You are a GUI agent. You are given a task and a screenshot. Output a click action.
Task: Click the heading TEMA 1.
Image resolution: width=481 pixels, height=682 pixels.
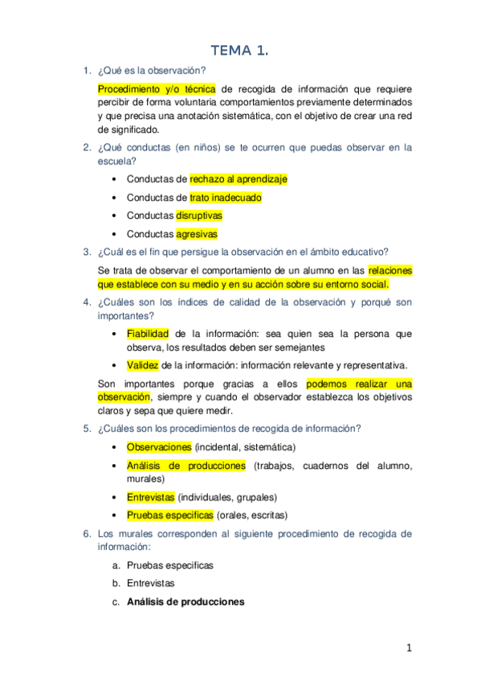(239, 51)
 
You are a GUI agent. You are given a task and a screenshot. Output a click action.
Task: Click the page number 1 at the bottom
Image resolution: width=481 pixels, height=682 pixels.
(409, 649)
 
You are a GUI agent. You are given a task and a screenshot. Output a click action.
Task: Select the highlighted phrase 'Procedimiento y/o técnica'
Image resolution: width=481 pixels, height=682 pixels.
(156, 89)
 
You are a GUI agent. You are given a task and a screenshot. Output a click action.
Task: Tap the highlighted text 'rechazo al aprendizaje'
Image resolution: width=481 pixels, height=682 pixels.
(238, 179)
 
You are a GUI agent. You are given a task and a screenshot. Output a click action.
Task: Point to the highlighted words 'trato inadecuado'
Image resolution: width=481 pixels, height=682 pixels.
(225, 197)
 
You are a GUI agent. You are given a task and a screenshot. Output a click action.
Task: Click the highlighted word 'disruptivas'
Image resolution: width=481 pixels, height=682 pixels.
(199, 216)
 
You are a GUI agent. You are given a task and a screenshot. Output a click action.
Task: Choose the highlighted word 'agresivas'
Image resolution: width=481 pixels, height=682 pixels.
(196, 234)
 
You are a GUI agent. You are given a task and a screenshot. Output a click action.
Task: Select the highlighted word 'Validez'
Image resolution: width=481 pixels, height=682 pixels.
(143, 364)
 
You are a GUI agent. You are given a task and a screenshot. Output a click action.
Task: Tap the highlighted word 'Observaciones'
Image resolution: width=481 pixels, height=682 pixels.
(159, 446)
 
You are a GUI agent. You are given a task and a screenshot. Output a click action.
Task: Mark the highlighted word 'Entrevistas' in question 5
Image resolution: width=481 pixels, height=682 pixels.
(150, 497)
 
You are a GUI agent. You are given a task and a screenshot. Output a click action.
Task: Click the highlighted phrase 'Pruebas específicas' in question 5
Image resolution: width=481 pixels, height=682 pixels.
(169, 516)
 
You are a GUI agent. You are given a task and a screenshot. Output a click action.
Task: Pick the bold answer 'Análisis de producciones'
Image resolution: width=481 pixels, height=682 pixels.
(185, 602)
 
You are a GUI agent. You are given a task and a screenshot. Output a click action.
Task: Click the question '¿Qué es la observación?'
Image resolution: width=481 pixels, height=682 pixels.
(152, 71)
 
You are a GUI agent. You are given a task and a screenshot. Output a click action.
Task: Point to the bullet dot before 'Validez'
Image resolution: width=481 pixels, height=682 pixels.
(116, 364)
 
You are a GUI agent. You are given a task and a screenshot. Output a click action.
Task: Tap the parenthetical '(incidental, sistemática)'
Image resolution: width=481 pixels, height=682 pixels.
(245, 446)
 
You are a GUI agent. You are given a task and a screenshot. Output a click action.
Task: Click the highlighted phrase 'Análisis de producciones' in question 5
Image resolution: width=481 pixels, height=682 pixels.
(185, 466)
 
